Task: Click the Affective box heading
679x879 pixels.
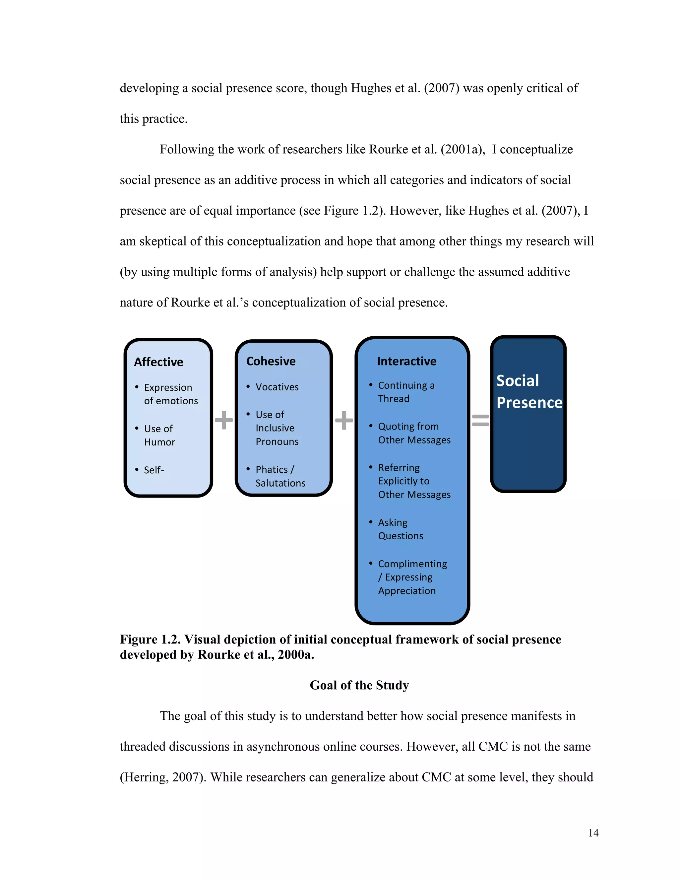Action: coord(158,362)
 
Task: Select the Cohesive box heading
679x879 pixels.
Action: coord(271,361)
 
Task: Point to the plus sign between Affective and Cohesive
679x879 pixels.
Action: coord(224,420)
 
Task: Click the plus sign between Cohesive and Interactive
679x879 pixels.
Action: coord(344,420)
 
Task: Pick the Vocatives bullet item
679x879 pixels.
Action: coord(277,387)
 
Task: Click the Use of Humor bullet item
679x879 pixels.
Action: coord(159,435)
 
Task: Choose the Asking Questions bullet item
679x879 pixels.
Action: coord(400,529)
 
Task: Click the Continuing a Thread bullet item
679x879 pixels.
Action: coord(406,392)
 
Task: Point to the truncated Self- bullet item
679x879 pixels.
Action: coord(154,470)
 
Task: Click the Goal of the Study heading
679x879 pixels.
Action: coord(359,685)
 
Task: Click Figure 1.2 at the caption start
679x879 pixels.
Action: coord(150,639)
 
